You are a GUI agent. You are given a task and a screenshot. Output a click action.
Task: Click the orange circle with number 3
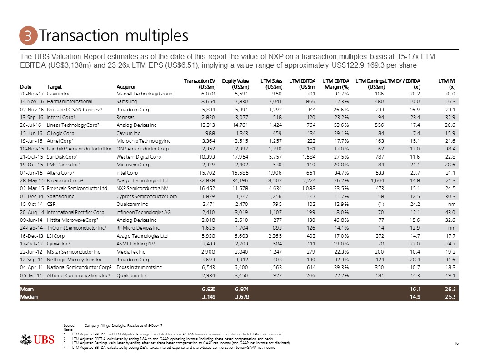(x=28, y=35)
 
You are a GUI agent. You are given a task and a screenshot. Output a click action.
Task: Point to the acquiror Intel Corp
(x=129, y=171)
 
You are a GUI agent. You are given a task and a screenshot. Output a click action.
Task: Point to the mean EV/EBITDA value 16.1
(x=413, y=289)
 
